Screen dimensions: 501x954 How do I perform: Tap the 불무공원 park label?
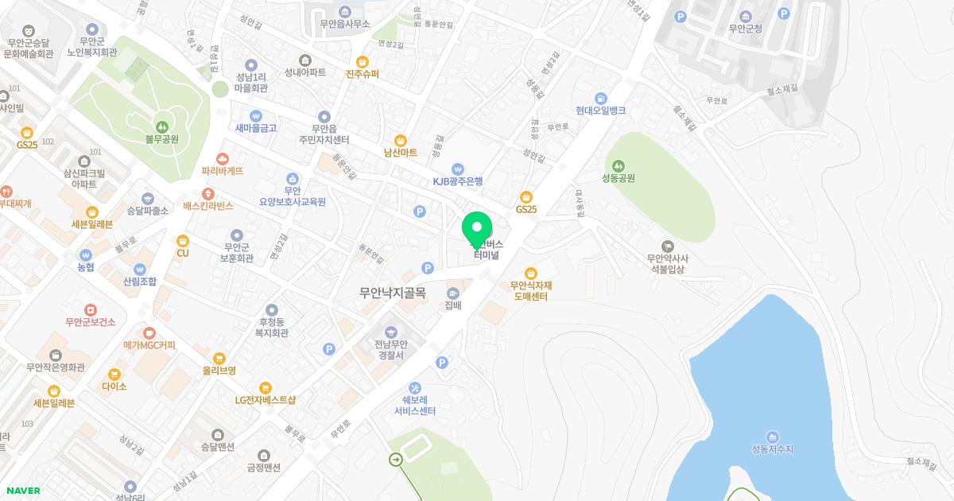[x=161, y=139]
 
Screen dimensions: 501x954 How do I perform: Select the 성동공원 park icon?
[x=618, y=165]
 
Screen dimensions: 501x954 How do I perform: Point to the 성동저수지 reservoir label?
[x=772, y=450]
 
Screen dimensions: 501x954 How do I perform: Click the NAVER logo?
[x=22, y=491]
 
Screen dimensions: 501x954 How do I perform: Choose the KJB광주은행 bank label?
[x=457, y=181]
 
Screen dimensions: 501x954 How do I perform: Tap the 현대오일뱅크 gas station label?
[x=601, y=111]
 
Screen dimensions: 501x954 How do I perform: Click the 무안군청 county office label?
[x=745, y=29]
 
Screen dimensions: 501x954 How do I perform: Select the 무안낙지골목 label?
[x=393, y=293]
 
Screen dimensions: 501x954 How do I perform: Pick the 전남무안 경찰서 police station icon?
[x=390, y=331]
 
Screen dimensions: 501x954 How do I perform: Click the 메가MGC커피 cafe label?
[x=149, y=345]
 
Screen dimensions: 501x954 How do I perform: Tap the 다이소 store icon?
[x=114, y=374]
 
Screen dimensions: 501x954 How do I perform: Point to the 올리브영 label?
[x=219, y=371]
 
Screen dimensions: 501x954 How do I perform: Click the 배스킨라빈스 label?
[x=208, y=206]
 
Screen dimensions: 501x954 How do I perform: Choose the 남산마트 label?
[x=400, y=153]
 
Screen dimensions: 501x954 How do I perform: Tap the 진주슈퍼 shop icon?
[x=363, y=61]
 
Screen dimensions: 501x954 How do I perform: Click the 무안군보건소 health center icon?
[x=91, y=309]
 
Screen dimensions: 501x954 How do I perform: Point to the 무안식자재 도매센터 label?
[x=529, y=291]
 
